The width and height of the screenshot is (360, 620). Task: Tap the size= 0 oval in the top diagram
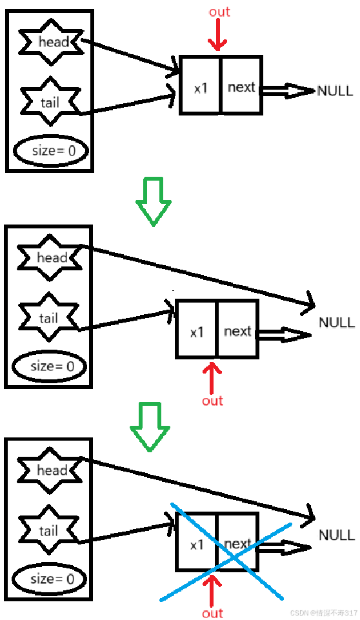point(51,151)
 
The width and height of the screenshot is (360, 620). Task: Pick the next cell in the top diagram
point(241,86)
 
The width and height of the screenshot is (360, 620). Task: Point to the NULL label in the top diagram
point(335,91)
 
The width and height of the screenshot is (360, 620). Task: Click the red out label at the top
point(219,12)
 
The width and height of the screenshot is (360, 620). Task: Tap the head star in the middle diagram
point(52,257)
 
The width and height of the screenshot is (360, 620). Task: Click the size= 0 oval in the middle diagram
point(50,366)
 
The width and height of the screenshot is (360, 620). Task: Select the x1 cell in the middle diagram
point(197,332)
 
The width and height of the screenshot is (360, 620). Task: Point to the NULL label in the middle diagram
point(336,322)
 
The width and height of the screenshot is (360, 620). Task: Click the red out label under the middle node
point(212,401)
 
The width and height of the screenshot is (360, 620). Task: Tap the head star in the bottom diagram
point(52,470)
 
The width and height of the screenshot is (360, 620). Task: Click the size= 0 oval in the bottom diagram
point(50,579)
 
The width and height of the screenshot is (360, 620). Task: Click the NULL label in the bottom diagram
point(336,535)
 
